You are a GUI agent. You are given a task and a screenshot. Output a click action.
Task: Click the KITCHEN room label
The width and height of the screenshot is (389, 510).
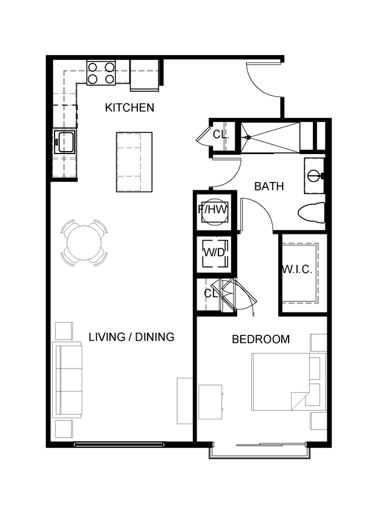tap(129, 108)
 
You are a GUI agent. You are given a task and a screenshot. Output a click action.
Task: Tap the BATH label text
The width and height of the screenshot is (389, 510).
tap(269, 187)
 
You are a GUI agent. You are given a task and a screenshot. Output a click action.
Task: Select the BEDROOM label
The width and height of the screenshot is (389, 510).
tap(261, 340)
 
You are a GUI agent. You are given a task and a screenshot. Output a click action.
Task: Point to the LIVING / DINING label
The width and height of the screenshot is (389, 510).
tap(131, 337)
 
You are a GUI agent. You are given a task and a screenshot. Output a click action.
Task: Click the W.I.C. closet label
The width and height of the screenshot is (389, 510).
tap(297, 270)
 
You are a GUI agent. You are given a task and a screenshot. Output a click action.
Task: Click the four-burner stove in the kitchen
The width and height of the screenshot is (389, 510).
tap(101, 73)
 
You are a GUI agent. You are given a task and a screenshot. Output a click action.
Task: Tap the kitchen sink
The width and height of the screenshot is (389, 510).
tap(64, 143)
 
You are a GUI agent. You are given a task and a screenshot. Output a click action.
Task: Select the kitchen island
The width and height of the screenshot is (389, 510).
tap(134, 161)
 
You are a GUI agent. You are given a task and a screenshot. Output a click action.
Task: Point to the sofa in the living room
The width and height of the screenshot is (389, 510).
tap(68, 379)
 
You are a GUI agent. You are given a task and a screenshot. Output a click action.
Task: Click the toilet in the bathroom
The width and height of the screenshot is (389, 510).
tap(312, 212)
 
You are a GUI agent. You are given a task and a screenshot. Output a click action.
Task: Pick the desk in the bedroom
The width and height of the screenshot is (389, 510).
tap(210, 401)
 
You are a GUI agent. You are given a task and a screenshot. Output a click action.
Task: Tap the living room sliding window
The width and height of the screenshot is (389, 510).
tap(119, 445)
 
